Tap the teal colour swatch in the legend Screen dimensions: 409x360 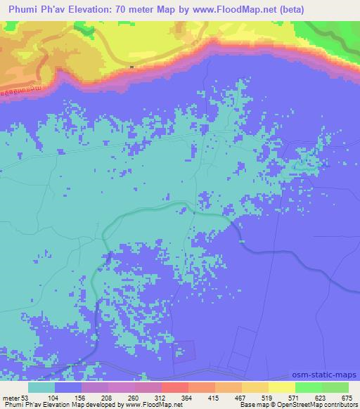(41, 387)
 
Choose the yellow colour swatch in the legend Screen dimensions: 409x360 (282, 387)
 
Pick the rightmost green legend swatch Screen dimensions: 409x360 (335, 387)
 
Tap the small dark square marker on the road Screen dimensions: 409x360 (131, 67)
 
